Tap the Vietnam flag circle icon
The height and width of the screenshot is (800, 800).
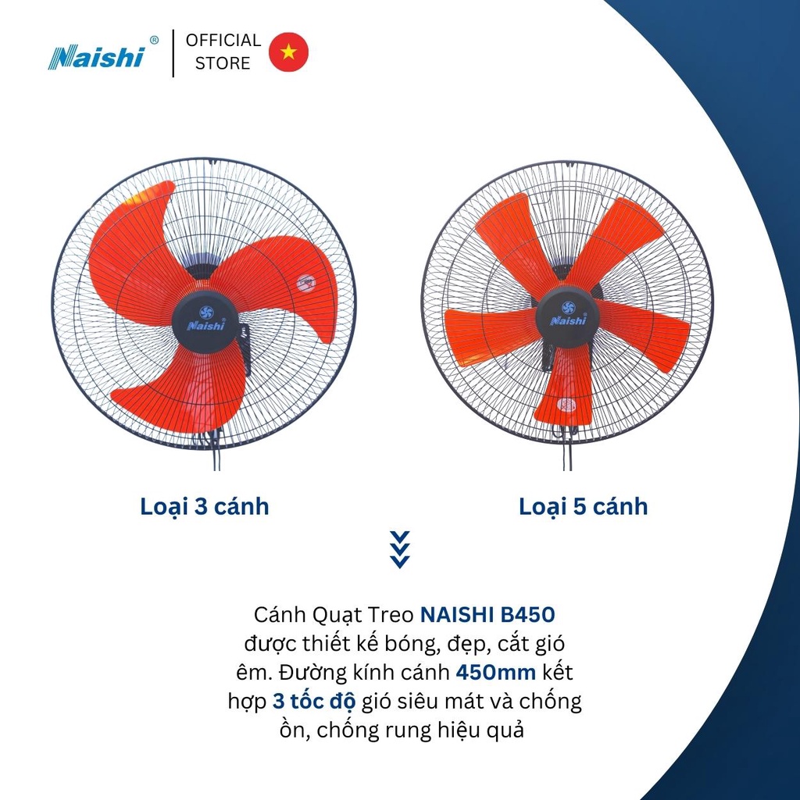coord(288,52)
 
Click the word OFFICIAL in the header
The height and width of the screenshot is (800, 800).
coord(223,41)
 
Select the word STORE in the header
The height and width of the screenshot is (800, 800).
coord(223,64)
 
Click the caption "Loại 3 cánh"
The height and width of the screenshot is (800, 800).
coord(205,506)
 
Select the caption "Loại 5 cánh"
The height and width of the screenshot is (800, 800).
coord(583,506)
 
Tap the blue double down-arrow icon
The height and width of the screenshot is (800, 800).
coord(399,550)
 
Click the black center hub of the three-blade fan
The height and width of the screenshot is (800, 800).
coord(204,322)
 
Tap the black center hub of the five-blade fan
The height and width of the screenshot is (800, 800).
coord(567,317)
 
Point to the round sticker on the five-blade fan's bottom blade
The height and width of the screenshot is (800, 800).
coord(568,405)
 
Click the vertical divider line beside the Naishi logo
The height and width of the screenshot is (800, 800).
coord(173,52)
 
